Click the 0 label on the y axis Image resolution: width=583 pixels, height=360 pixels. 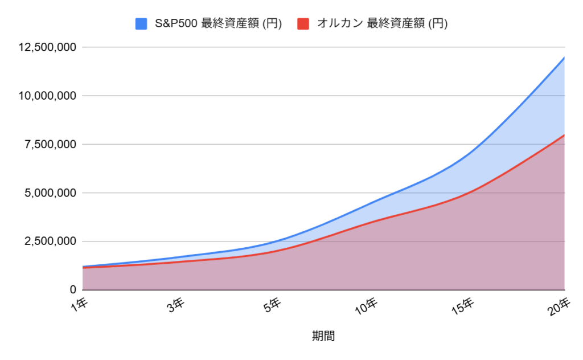tap(72, 290)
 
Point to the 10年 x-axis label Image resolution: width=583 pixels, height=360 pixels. tap(367, 306)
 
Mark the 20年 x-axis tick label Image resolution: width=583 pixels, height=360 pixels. tap(560, 306)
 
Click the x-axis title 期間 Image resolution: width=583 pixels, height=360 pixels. tap(323, 336)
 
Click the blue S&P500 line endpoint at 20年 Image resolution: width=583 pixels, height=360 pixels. tap(564, 58)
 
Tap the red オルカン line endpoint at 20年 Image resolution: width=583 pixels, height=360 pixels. tap(564, 135)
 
